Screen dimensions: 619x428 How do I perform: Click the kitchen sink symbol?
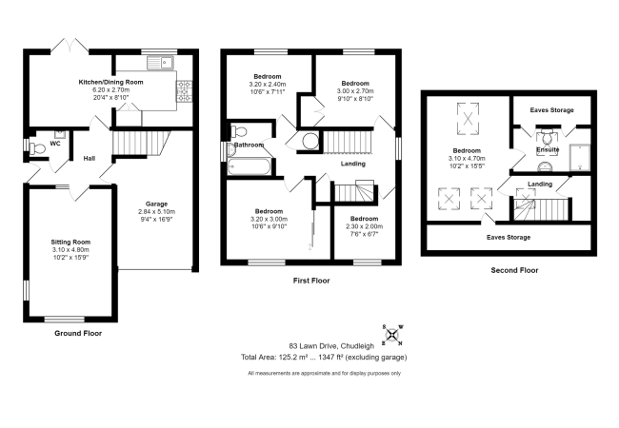pyautogui.click(x=160, y=63)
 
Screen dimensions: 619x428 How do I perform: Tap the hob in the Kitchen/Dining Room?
pyautogui.click(x=185, y=91)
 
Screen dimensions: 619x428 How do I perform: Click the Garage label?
pyautogui.click(x=157, y=204)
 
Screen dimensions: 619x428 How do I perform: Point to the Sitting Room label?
pyautogui.click(x=70, y=242)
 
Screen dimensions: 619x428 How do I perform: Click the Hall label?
pyautogui.click(x=90, y=159)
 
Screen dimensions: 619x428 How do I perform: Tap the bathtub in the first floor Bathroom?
pyautogui.click(x=249, y=166)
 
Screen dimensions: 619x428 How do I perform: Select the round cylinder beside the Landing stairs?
pyautogui.click(x=309, y=141)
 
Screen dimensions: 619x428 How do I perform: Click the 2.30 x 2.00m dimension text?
pyautogui.click(x=365, y=226)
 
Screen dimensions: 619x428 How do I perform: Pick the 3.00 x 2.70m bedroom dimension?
pyautogui.click(x=355, y=90)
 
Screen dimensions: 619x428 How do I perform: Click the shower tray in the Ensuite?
pyautogui.click(x=580, y=158)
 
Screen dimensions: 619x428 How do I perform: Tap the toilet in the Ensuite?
pyautogui.click(x=547, y=138)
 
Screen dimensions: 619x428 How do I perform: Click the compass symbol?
pyautogui.click(x=392, y=335)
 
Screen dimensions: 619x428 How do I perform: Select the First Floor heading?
pyautogui.click(x=311, y=281)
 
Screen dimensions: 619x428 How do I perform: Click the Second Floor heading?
pyautogui.click(x=514, y=270)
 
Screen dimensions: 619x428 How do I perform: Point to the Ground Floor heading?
pyautogui.click(x=78, y=334)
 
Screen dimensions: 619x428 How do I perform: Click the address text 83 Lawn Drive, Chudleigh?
pyautogui.click(x=331, y=346)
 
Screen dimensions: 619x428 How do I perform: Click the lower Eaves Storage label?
pyautogui.click(x=509, y=237)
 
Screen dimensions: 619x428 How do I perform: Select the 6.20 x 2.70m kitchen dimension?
pyautogui.click(x=110, y=89)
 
